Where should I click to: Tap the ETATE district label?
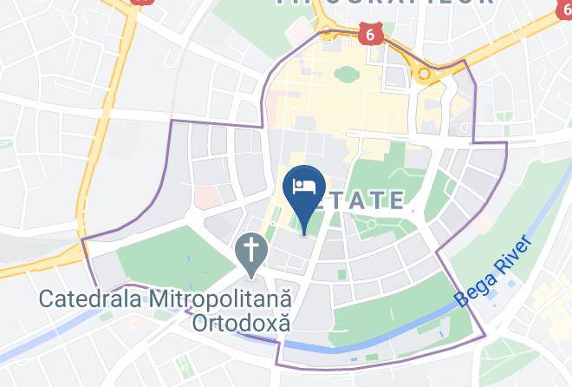(x=367, y=201)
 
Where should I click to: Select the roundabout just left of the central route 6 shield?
(x=328, y=33)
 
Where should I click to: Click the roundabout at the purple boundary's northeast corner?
(x=424, y=75)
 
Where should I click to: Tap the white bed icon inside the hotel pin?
(x=304, y=184)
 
